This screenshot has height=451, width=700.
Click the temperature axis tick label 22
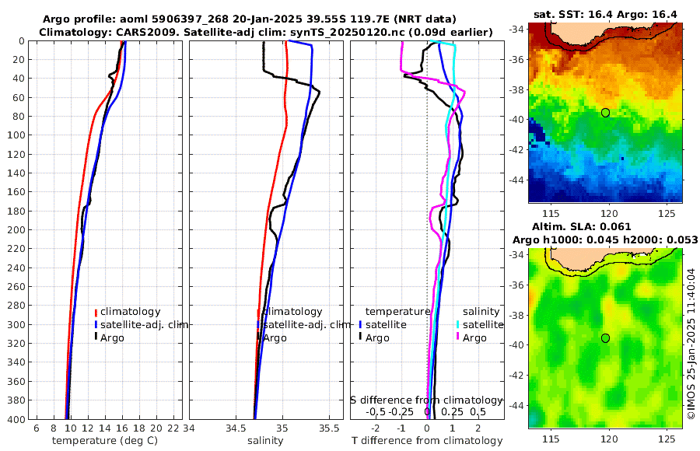pyautogui.click(x=174, y=428)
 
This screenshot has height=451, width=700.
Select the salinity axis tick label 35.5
pyautogui.click(x=330, y=428)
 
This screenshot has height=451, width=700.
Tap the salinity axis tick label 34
pyautogui.click(x=190, y=428)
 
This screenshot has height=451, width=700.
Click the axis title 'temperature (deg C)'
pyautogui.click(x=99, y=441)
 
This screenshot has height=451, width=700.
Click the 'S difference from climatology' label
pyautogui.click(x=426, y=400)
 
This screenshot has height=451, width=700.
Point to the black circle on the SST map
pyautogui.click(x=605, y=113)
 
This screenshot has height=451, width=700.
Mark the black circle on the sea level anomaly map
pyautogui.click(x=605, y=337)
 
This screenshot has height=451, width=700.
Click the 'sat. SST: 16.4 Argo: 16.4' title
pyautogui.click(x=605, y=15)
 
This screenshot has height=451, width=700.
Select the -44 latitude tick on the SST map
pyautogui.click(x=516, y=179)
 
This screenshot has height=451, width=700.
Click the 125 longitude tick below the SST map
pyautogui.click(x=667, y=213)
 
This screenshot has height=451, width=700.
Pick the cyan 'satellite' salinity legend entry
pyautogui.click(x=483, y=324)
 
